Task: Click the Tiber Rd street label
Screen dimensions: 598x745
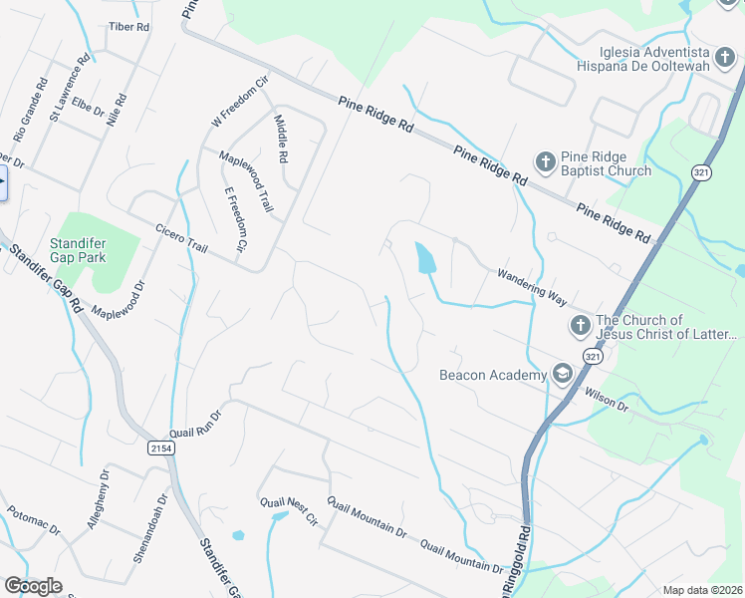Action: click(128, 26)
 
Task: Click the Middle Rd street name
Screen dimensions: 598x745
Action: click(281, 139)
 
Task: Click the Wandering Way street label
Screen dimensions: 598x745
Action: click(539, 283)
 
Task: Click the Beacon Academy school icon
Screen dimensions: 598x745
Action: click(562, 374)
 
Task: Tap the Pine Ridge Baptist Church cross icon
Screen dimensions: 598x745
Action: click(545, 161)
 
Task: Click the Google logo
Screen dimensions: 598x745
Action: click(34, 586)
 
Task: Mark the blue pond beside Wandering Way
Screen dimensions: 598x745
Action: click(424, 259)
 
